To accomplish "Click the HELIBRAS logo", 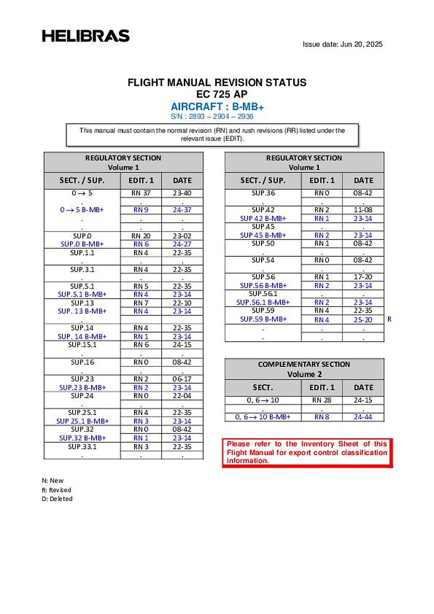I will pyautogui.click(x=85, y=36).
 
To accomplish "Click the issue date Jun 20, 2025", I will pyautogui.click(x=342, y=44).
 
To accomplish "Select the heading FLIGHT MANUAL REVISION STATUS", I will pyautogui.click(x=217, y=82).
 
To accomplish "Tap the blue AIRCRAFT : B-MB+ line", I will pyautogui.click(x=217, y=107).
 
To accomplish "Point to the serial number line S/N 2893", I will pyautogui.click(x=217, y=117).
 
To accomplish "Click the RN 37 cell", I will pyautogui.click(x=141, y=193).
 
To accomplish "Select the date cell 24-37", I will pyautogui.click(x=182, y=210).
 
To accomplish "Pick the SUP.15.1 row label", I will pyautogui.click(x=82, y=344).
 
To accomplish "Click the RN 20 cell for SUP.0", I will pyautogui.click(x=141, y=235).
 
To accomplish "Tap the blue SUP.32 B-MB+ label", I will pyautogui.click(x=82, y=437).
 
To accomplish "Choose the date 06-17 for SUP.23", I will pyautogui.click(x=182, y=379).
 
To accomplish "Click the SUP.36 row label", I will pyautogui.click(x=263, y=193).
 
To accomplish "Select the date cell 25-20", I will pyautogui.click(x=363, y=320).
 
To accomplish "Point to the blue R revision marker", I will pyautogui.click(x=389, y=319).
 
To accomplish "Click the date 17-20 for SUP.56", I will pyautogui.click(x=363, y=277).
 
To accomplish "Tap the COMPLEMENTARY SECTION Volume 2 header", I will pyautogui.click(x=304, y=369).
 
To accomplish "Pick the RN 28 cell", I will pyautogui.click(x=321, y=400).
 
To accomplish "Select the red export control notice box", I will pyautogui.click(x=307, y=453).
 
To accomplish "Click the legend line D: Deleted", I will pyautogui.click(x=57, y=499).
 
